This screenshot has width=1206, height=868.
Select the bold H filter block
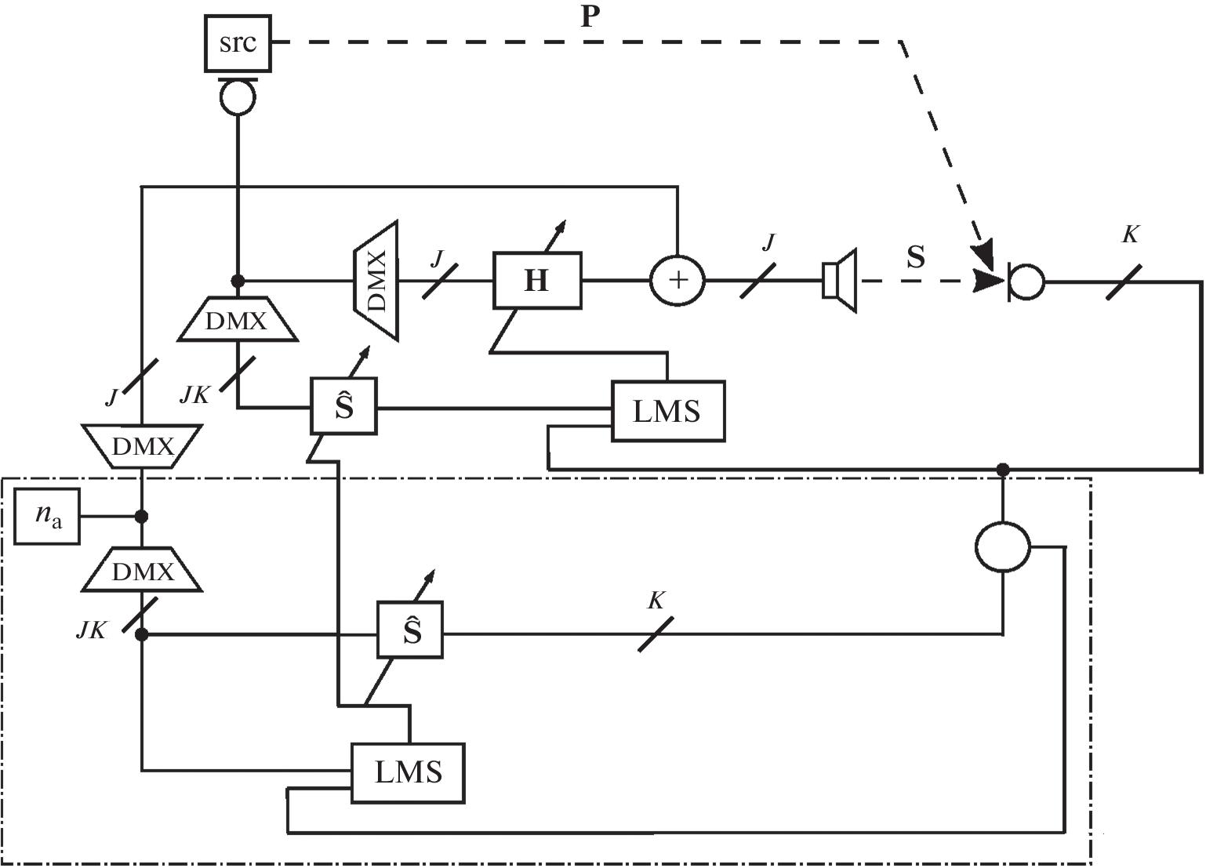pos(537,280)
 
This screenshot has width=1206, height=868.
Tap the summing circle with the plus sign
pos(677,280)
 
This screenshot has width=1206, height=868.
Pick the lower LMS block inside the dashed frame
pos(408,772)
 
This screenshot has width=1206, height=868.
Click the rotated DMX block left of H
pos(376,280)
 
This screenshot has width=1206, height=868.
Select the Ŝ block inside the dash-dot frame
pos(410,630)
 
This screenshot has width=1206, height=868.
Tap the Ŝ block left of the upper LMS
pos(343,406)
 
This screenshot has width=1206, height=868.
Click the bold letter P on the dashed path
pos(590,17)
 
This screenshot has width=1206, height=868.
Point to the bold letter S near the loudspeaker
pos(915,257)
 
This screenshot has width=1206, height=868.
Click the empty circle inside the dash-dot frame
pos(1002,547)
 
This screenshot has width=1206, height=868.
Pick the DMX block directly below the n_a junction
pos(142,571)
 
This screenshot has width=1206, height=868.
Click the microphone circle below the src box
pos(237,98)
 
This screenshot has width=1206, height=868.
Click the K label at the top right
pos(1130,234)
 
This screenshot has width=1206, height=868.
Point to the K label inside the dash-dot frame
pos(656,601)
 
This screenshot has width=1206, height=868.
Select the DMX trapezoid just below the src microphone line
pos(238,320)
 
